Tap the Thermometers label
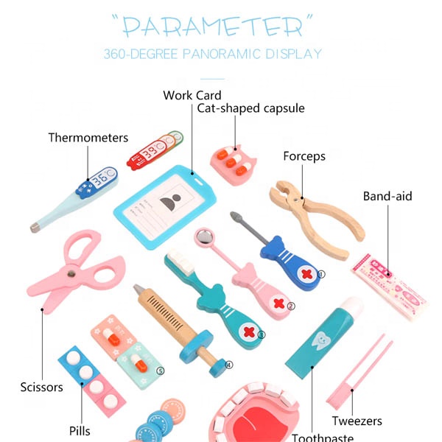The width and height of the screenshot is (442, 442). (88, 138)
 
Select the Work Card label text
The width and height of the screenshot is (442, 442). (192, 95)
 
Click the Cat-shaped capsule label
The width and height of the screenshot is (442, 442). (250, 108)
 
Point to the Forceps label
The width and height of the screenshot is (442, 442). (304, 156)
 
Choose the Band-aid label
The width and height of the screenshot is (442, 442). (387, 197)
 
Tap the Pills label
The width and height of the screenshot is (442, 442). (80, 430)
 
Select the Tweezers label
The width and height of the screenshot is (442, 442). (357, 421)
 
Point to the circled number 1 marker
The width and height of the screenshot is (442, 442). (320, 273)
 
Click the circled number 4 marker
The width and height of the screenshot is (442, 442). (228, 364)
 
